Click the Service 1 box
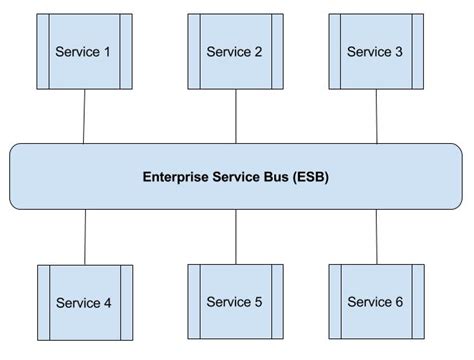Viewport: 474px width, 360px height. (84, 51)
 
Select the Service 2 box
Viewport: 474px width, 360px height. (234, 51)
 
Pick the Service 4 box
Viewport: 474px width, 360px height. (84, 303)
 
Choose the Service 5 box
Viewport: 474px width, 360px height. (234, 301)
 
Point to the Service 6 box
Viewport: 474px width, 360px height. (376, 301)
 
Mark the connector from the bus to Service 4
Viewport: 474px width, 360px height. (84, 237)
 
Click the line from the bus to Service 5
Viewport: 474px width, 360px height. (235, 237)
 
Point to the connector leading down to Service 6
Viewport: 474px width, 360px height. (377, 237)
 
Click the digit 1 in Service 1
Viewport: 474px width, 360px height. (108, 52)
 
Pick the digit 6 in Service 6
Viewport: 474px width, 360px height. (401, 302)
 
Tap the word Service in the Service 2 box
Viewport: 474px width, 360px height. (227, 52)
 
